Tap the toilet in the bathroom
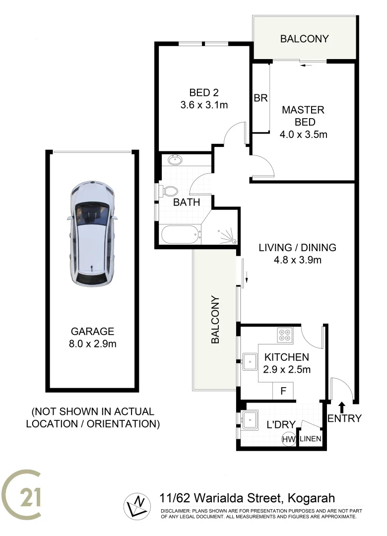pyautogui.click(x=169, y=191)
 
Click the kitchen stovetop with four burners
pyautogui.click(x=285, y=335)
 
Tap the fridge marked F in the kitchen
pyautogui.click(x=283, y=391)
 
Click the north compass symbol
pyautogui.click(x=136, y=506)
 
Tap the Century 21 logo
pyautogui.click(x=22, y=497)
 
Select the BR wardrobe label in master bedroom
pyautogui.click(x=260, y=98)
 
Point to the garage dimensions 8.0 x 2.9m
pyautogui.click(x=93, y=343)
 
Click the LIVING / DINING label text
pyautogui.click(x=298, y=247)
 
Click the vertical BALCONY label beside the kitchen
pyautogui.click(x=215, y=320)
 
